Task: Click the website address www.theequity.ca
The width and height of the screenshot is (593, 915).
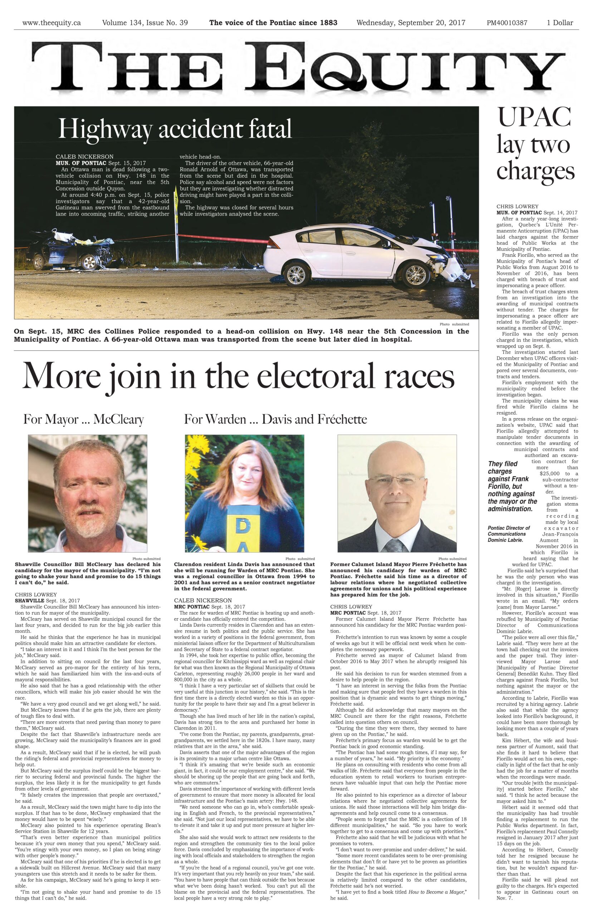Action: pyautogui.click(x=51, y=23)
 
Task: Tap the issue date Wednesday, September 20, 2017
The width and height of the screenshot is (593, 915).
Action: pyautogui.click(x=411, y=23)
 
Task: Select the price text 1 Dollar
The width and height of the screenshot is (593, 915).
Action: pyautogui.click(x=560, y=23)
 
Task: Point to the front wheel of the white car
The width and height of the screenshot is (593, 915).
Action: pyautogui.click(x=416, y=275)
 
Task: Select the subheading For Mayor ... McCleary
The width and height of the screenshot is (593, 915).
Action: pyautogui.click(x=83, y=419)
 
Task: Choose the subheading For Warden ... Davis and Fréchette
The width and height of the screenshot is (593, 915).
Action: pyautogui.click(x=275, y=419)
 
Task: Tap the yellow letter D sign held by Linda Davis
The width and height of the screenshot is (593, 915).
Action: pyautogui.click(x=243, y=527)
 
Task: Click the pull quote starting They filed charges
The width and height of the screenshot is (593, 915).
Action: pyautogui.click(x=512, y=486)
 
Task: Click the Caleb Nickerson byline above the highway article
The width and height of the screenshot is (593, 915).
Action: pyautogui.click(x=85, y=157)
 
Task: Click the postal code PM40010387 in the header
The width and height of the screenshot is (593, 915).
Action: pyautogui.click(x=507, y=23)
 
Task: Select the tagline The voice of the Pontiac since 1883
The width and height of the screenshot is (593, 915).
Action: pyautogui.click(x=273, y=23)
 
